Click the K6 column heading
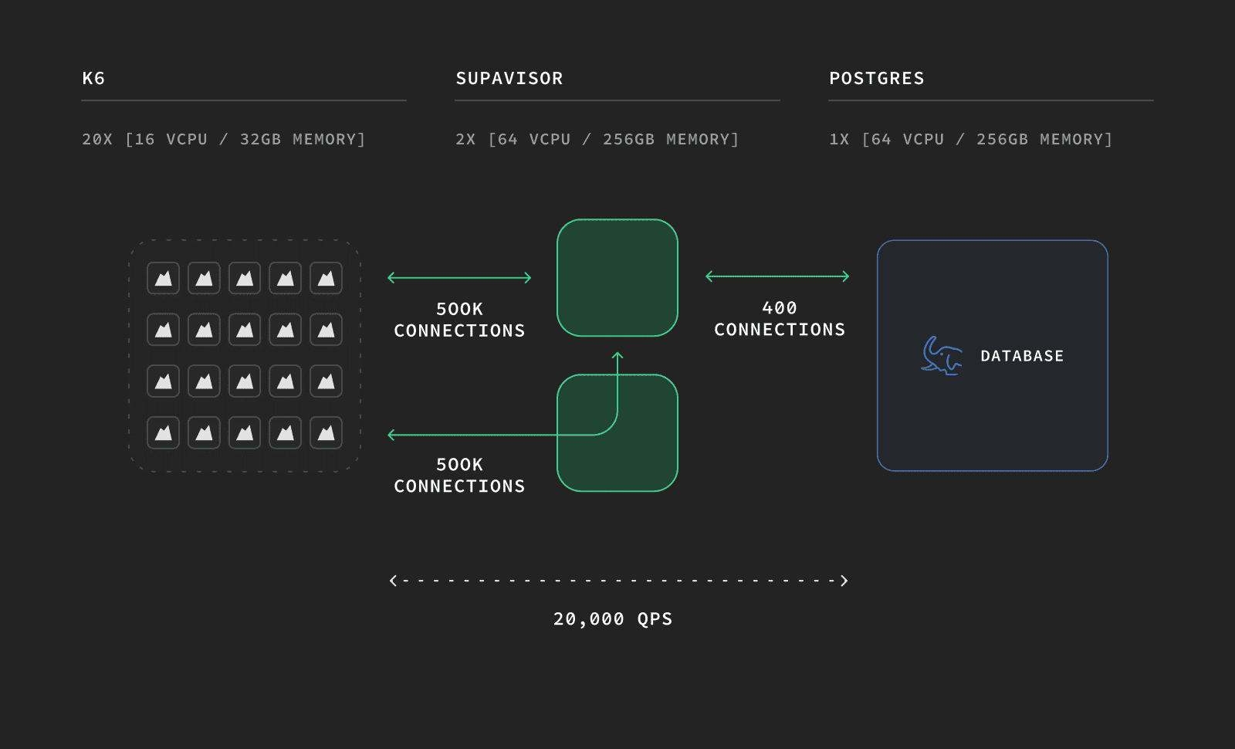click(x=93, y=78)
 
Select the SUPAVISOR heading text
click(x=509, y=78)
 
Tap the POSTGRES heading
click(x=877, y=78)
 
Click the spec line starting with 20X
click(x=223, y=139)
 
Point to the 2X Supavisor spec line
click(x=597, y=139)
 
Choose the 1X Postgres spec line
click(x=970, y=139)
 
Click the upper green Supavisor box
click(x=617, y=277)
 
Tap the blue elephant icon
click(x=942, y=356)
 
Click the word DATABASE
click(x=1022, y=356)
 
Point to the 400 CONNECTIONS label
click(x=780, y=319)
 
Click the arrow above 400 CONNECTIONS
click(x=777, y=276)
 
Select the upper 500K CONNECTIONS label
click(x=459, y=320)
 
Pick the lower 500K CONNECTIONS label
click(x=459, y=476)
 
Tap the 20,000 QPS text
click(x=613, y=619)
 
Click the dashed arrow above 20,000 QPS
click(x=618, y=580)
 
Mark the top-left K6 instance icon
click(x=163, y=278)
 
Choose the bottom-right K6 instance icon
click(x=326, y=433)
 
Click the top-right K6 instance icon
click(x=326, y=278)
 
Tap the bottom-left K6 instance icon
click(x=163, y=433)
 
